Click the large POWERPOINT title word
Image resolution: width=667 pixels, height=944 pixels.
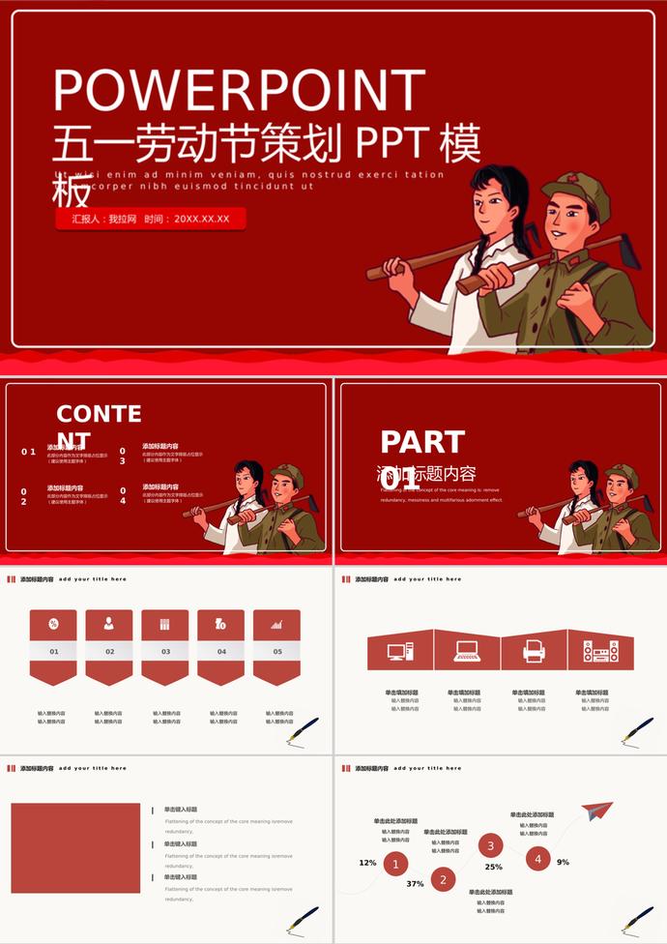(239, 90)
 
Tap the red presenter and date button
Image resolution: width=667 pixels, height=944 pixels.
(151, 219)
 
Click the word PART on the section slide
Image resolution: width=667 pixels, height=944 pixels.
(422, 442)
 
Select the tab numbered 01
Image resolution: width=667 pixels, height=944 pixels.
(54, 651)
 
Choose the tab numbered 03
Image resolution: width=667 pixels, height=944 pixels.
(165, 651)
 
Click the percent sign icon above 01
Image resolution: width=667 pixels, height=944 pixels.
(54, 624)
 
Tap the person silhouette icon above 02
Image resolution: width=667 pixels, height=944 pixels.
(109, 624)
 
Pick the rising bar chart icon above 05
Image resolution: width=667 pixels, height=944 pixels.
(276, 624)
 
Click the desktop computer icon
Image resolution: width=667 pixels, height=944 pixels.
(400, 651)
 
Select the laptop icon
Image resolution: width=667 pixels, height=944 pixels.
(467, 652)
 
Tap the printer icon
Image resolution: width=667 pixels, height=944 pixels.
(534, 651)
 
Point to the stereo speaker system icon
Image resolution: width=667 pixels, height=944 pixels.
(600, 651)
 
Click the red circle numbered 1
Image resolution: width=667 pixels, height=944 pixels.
(394, 864)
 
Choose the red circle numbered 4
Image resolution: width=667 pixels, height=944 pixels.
(537, 857)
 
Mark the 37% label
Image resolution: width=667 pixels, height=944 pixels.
(415, 884)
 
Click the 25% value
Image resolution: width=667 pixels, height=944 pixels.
(493, 867)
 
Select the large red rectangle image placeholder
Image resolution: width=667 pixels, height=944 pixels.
(75, 847)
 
